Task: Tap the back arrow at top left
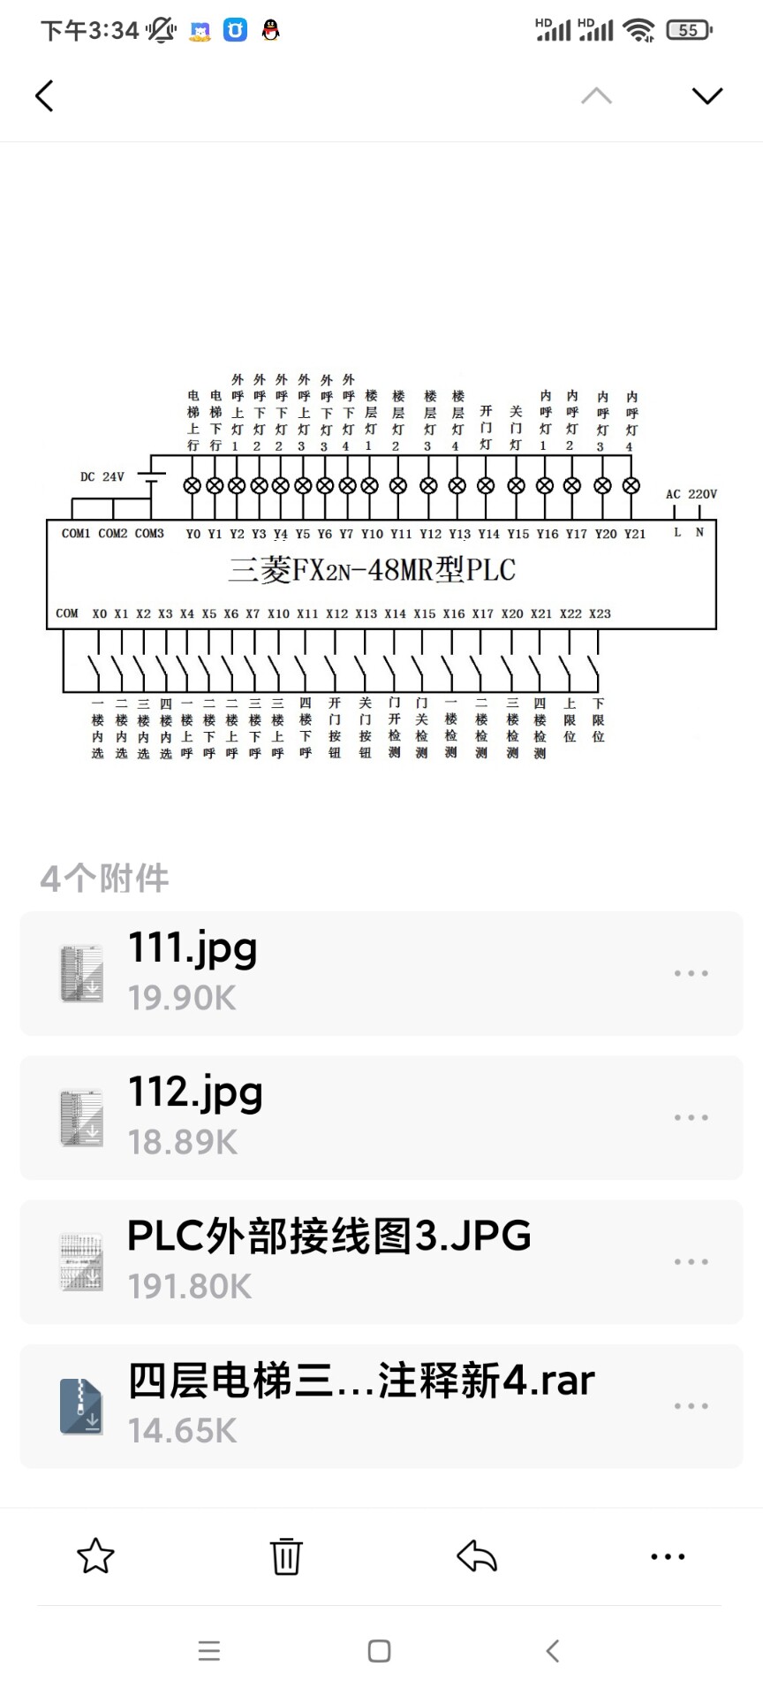pos(44,95)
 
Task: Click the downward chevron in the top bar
pos(706,95)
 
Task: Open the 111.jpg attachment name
pos(193,947)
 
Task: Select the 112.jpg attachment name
pos(195,1092)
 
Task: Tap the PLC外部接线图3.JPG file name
pos(329,1236)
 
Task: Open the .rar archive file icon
pos(81,1406)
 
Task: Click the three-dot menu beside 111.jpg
pos(691,973)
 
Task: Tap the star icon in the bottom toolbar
pos(95,1556)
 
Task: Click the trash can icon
pos(286,1556)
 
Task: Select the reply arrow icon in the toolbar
pos(477,1556)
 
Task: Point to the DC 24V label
pos(102,477)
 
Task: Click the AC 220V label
pos(691,494)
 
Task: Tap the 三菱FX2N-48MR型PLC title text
pos(372,570)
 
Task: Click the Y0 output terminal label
pos(193,534)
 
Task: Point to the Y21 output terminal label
pos(634,534)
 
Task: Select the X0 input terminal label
pos(100,613)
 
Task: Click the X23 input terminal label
pos(600,613)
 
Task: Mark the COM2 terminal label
pos(113,534)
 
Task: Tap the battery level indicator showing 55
pos(688,30)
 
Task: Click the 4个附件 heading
pos(104,879)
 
